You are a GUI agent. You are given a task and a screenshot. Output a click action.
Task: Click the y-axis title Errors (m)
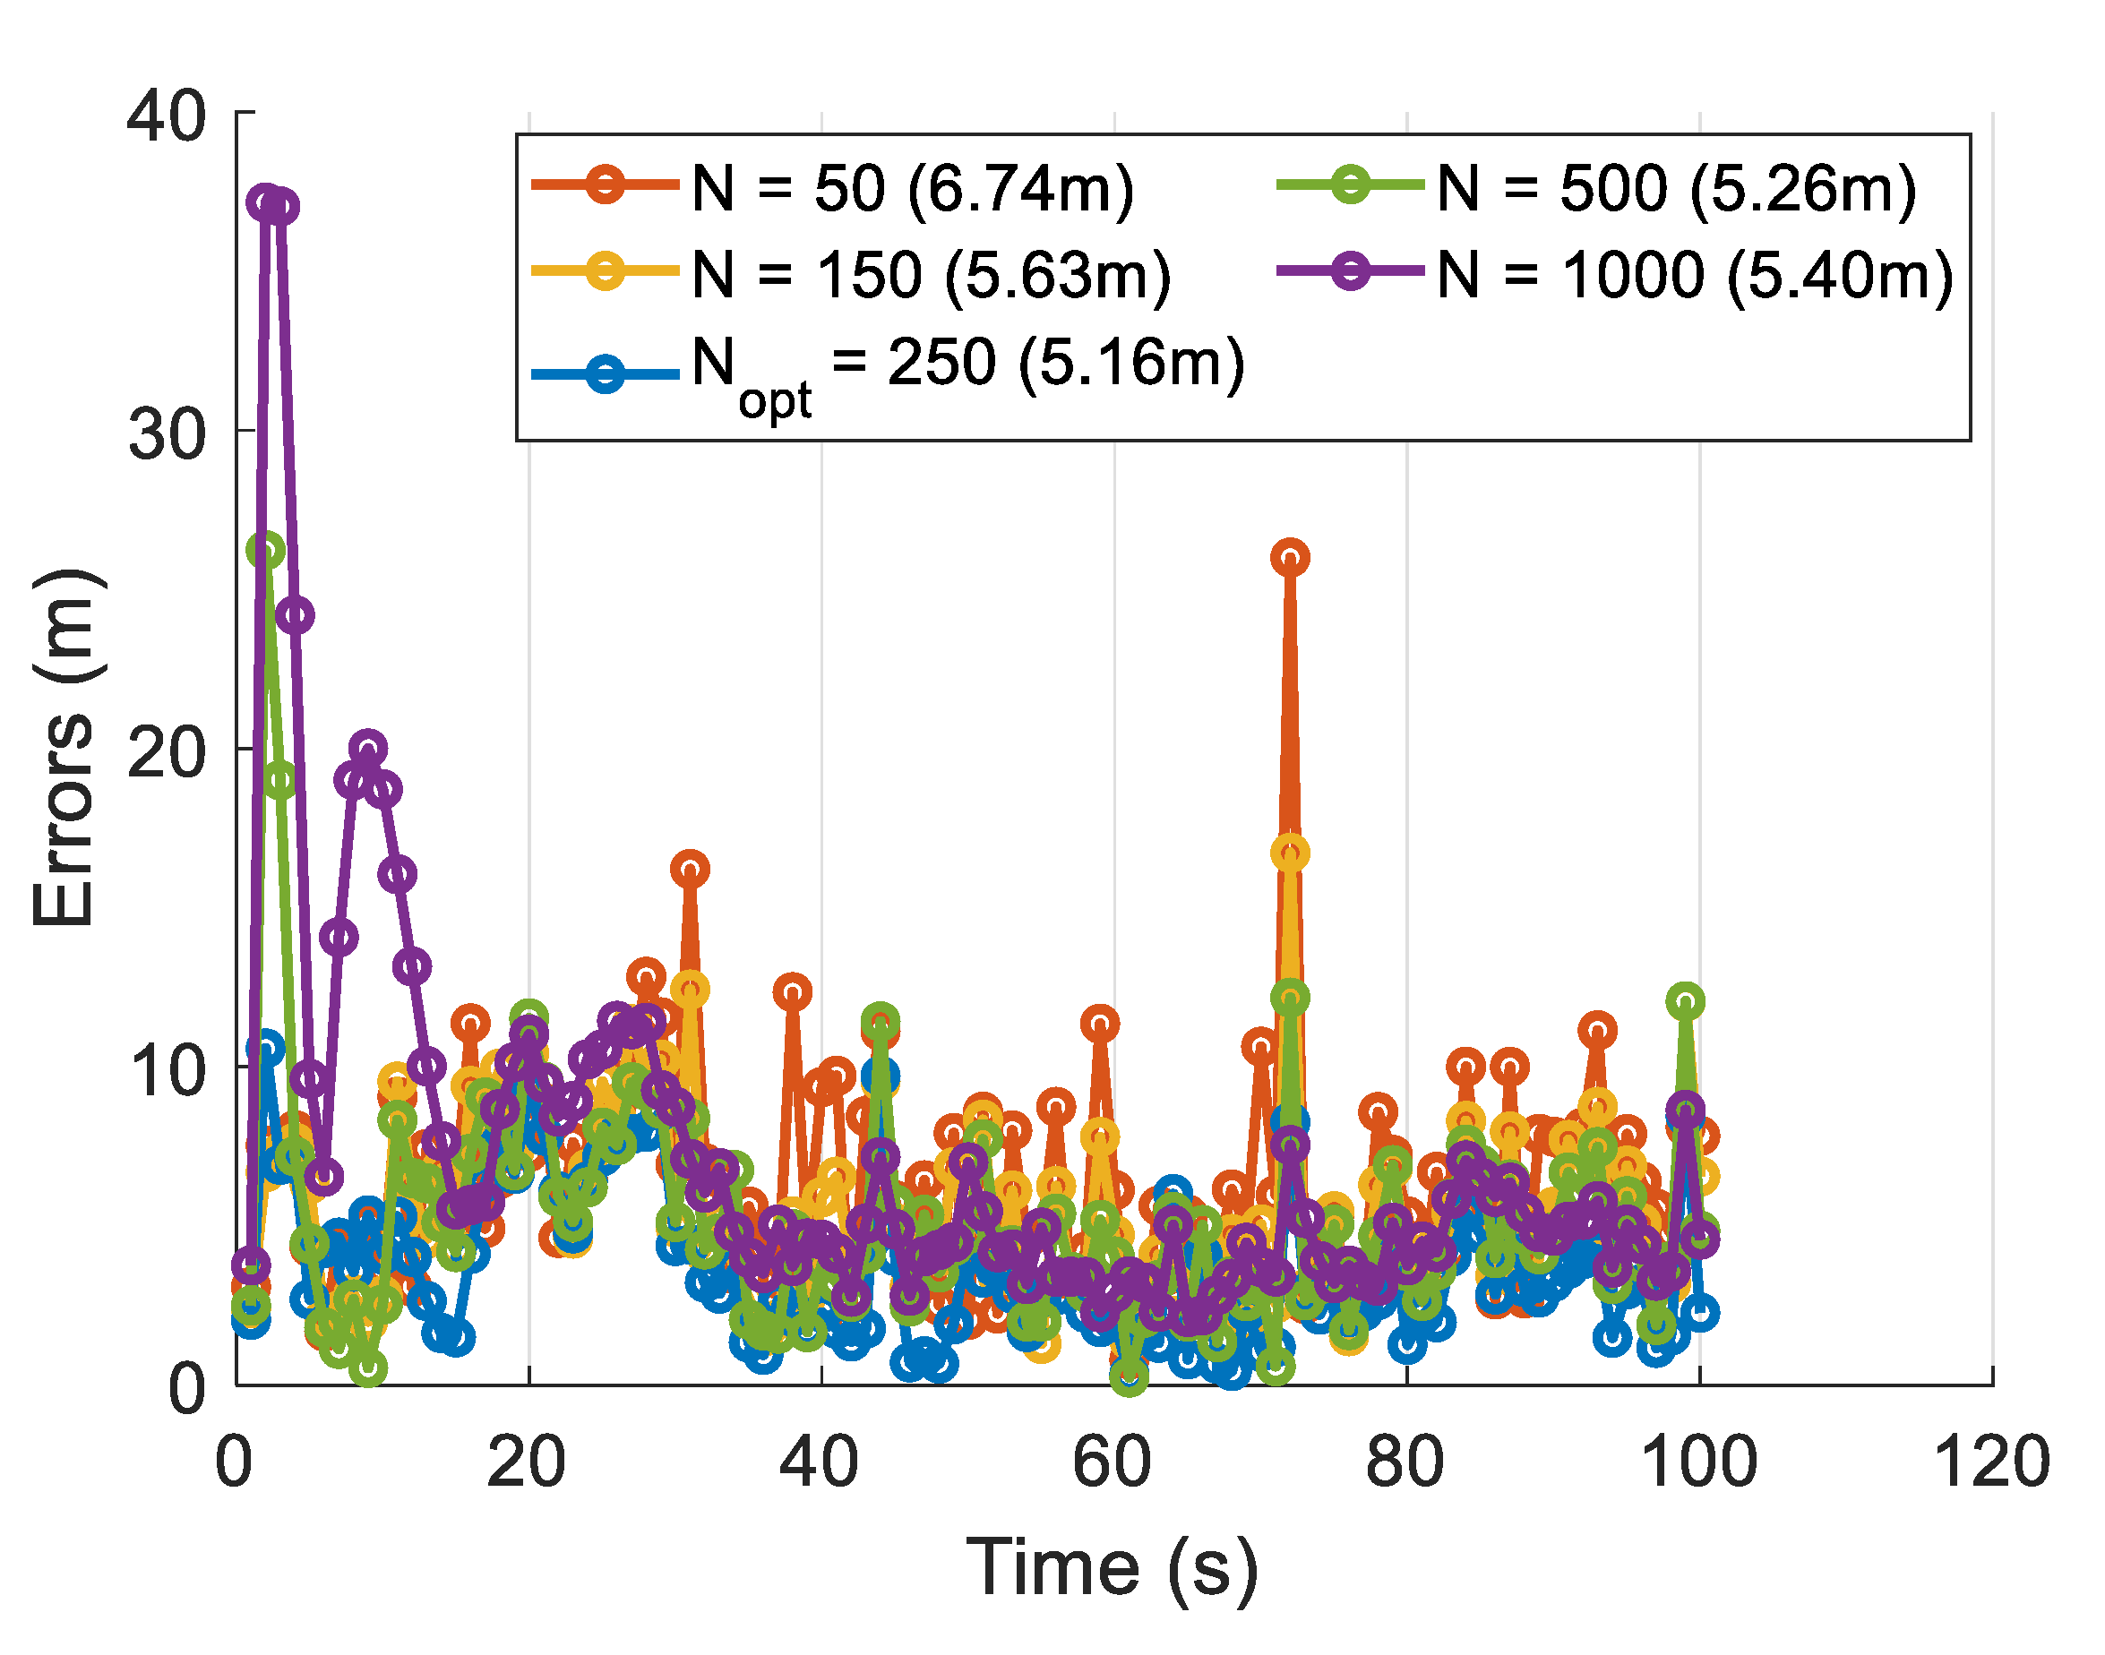click(x=64, y=748)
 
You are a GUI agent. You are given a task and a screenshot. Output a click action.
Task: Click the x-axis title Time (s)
click(x=1112, y=1568)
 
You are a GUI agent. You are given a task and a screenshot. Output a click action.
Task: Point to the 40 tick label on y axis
click(x=167, y=116)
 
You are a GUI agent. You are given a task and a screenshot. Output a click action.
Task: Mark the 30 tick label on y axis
click(x=167, y=433)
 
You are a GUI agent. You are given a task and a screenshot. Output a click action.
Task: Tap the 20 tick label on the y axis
click(x=167, y=752)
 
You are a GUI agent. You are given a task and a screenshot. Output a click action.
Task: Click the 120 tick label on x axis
click(x=1990, y=1462)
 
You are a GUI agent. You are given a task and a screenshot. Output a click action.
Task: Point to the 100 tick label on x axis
click(x=1698, y=1462)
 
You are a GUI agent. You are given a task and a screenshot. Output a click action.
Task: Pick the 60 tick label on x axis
click(x=1113, y=1462)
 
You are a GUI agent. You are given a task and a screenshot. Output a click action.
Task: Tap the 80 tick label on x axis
click(x=1405, y=1462)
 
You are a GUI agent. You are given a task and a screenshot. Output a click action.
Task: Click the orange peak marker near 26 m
click(x=1290, y=557)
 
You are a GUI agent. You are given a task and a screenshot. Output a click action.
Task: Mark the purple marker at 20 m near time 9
click(x=367, y=748)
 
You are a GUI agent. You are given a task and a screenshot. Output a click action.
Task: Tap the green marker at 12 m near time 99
click(x=1686, y=1001)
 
